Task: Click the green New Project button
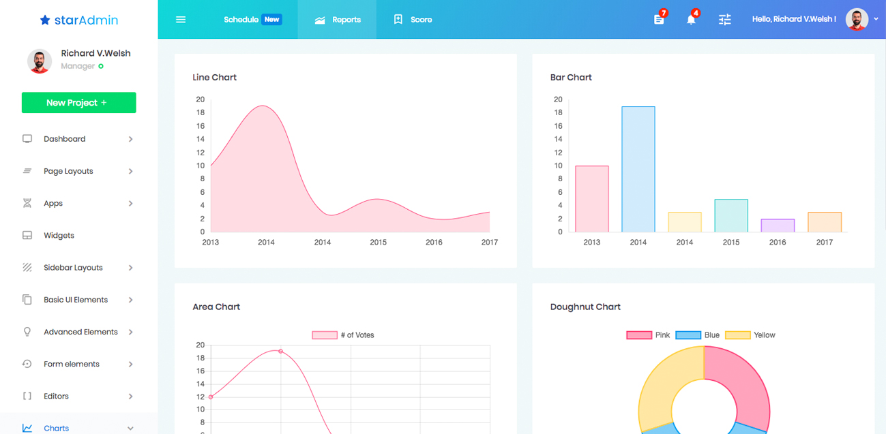[78, 103]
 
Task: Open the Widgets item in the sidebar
[59, 236]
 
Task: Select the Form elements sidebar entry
[71, 364]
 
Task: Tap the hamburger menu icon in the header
[181, 20]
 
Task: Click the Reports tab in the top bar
[338, 20]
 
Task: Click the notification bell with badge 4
[691, 19]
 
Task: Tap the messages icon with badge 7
[659, 19]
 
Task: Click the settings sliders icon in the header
[725, 20]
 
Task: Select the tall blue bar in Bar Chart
[638, 169]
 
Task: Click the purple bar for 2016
[778, 226]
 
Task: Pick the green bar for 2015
[731, 215]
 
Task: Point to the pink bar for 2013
[592, 199]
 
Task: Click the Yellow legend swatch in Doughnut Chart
[737, 335]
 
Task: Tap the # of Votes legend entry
[343, 335]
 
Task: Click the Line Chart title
[215, 78]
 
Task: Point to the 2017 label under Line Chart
[489, 243]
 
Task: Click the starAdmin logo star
[45, 20]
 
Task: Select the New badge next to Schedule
[271, 20]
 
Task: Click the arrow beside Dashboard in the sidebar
[130, 139]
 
